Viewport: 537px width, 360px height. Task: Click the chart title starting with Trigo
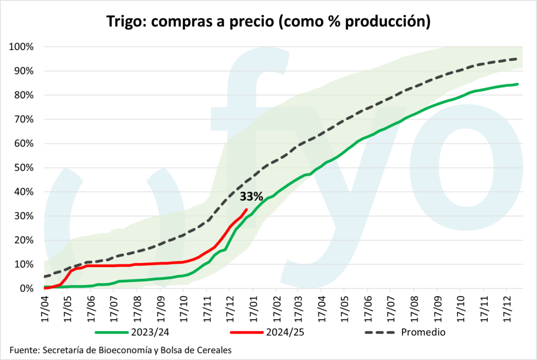268,21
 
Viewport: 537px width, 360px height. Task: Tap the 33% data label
251,197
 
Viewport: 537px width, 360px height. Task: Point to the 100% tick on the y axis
22,47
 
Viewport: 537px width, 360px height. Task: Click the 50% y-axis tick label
24,168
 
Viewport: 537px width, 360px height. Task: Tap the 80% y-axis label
24,95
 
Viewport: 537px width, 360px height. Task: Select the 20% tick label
24,240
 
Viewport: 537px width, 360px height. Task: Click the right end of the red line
246,210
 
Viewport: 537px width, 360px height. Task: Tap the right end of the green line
518,84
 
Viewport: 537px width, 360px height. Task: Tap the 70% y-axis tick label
24,119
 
